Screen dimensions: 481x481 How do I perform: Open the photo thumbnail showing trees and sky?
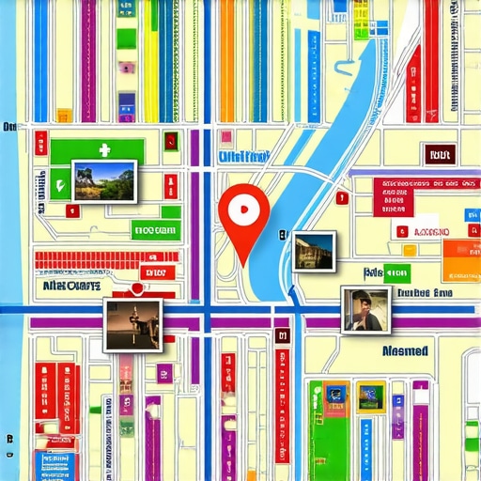tap(104, 181)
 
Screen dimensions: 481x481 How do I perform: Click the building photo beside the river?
tap(313, 251)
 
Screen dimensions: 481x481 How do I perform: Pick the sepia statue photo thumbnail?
tap(132, 324)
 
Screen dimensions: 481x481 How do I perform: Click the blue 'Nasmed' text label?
tap(405, 351)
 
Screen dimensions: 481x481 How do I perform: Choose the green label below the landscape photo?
tap(155, 230)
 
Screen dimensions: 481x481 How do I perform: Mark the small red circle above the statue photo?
tap(137, 288)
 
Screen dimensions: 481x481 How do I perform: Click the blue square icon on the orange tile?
tap(335, 395)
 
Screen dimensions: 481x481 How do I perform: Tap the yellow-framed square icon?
tap(371, 396)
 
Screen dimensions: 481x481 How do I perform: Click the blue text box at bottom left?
tap(54, 463)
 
